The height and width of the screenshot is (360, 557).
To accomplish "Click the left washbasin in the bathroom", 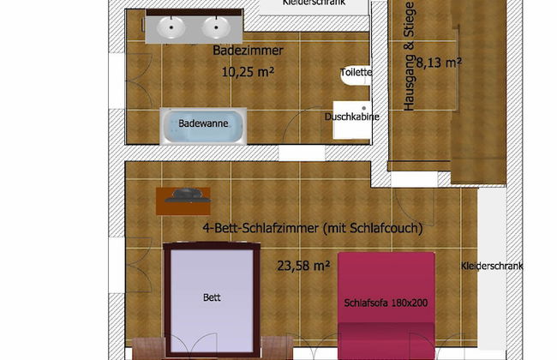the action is pyautogui.click(x=171, y=27).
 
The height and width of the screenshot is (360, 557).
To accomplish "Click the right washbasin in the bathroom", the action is pyautogui.click(x=216, y=27).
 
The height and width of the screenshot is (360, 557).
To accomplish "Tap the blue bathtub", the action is pyautogui.click(x=203, y=126).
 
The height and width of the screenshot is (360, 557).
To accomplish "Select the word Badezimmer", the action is pyautogui.click(x=248, y=51).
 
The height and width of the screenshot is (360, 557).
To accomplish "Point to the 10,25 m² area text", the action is pyautogui.click(x=248, y=72).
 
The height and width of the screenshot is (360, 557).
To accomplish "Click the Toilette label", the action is pyautogui.click(x=356, y=72).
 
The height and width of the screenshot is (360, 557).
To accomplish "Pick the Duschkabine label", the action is pyautogui.click(x=352, y=117).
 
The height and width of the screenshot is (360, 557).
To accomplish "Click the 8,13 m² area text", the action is pyautogui.click(x=439, y=63).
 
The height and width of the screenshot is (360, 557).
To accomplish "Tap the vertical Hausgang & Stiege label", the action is pyautogui.click(x=410, y=57).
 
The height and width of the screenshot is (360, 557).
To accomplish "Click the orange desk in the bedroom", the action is pyautogui.click(x=183, y=201).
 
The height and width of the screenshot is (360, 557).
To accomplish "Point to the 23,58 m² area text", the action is pyautogui.click(x=303, y=266).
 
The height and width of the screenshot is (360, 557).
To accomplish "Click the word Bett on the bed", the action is pyautogui.click(x=212, y=297).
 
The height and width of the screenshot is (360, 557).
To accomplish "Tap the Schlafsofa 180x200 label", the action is pyautogui.click(x=386, y=303).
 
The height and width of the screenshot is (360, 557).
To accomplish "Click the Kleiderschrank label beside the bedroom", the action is pyautogui.click(x=492, y=266).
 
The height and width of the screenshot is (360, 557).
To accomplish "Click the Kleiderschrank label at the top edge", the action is pyautogui.click(x=314, y=3).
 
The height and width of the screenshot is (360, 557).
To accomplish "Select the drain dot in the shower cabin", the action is pyautogui.click(x=363, y=108).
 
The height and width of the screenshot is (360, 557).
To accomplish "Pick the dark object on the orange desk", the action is pyautogui.click(x=188, y=195).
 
